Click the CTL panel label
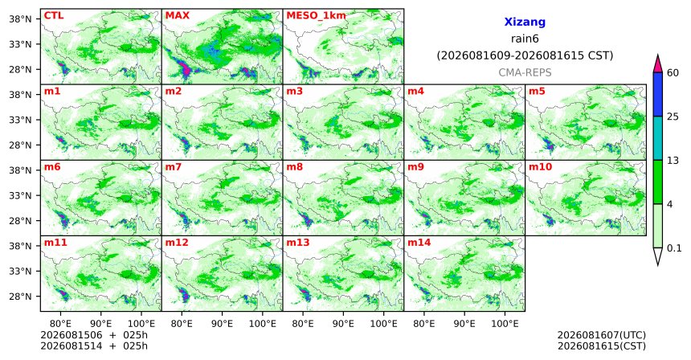click(x=54, y=15)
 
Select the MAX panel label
click(x=177, y=15)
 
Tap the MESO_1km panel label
click(x=316, y=16)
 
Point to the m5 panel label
click(x=537, y=92)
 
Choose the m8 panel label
click(x=294, y=167)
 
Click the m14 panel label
click(x=419, y=243)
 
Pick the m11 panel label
click(x=55, y=243)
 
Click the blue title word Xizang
click(x=525, y=22)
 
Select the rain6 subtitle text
click(x=525, y=39)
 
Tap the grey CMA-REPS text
click(x=525, y=72)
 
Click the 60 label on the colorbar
click(x=673, y=72)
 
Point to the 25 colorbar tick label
click(x=673, y=117)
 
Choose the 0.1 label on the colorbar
click(x=674, y=248)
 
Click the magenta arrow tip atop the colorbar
click(x=658, y=55)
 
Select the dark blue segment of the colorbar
click(x=658, y=94)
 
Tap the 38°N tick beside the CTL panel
click(x=20, y=19)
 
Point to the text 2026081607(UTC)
click(x=602, y=336)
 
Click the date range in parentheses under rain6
click(x=525, y=56)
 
